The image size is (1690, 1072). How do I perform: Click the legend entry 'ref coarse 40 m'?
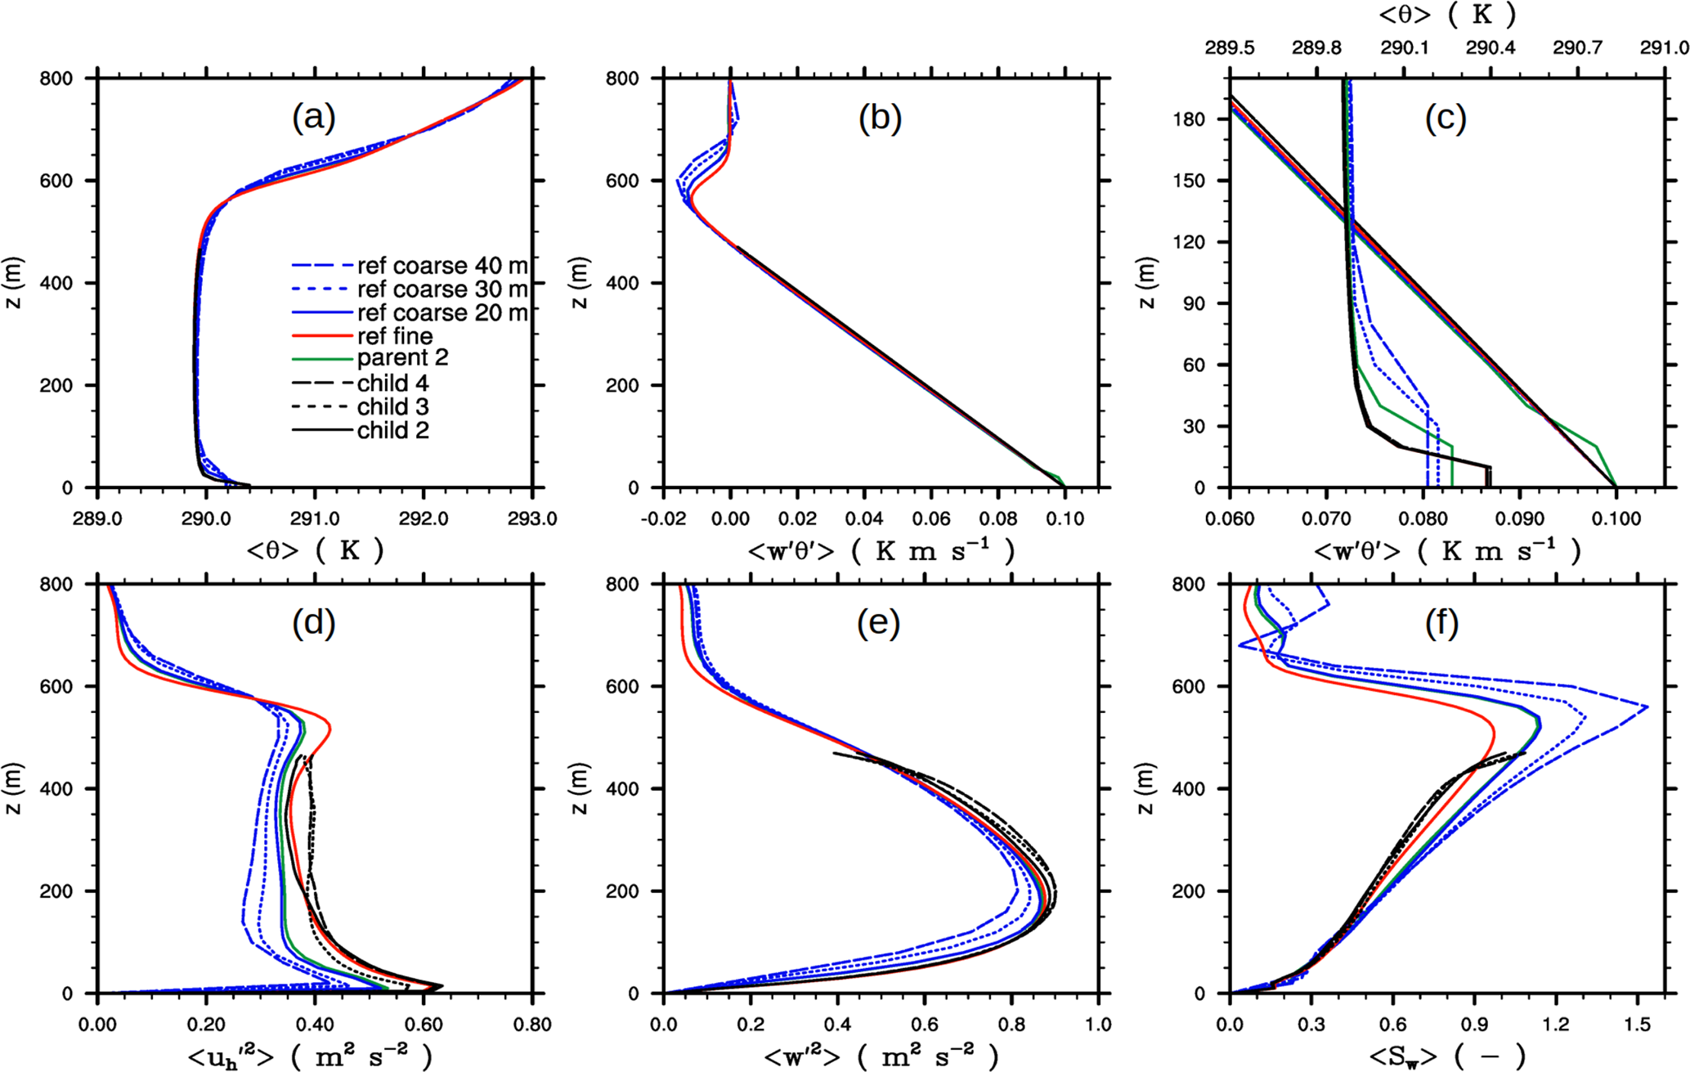442,266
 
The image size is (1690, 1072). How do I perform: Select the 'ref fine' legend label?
395,336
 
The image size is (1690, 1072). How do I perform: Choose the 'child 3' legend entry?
392,406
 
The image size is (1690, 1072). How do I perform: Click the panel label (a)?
314,119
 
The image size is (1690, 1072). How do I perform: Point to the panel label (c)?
1446,119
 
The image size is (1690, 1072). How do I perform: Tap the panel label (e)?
879,624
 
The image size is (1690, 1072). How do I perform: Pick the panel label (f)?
1441,624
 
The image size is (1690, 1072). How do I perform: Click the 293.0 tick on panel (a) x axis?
532,519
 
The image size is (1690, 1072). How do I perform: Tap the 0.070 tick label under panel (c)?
1326,519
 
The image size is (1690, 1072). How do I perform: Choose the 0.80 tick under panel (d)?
532,1025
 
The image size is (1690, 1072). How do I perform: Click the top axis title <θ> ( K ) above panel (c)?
1446,14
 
